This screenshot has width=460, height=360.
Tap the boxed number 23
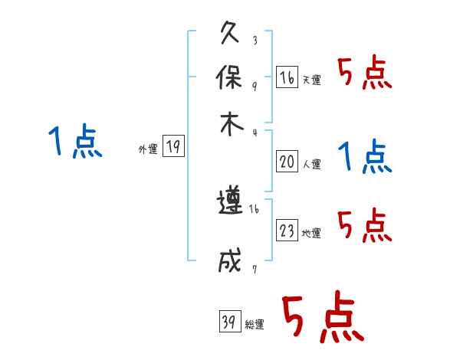point(287,231)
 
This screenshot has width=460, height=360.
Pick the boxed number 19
point(173,147)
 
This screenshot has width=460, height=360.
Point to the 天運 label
point(311,80)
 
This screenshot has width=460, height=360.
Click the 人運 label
point(311,164)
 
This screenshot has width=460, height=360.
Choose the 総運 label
point(255,325)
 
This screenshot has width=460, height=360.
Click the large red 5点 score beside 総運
point(322,318)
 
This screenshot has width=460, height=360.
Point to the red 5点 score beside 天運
point(364,74)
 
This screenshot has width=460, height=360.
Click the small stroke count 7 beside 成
point(254,268)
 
